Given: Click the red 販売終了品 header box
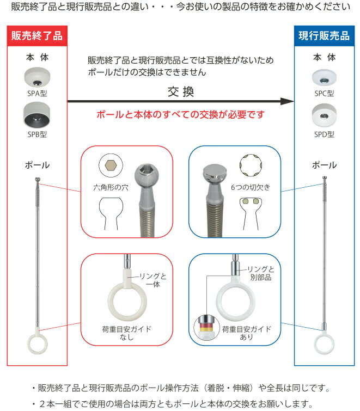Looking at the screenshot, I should (x=37, y=36).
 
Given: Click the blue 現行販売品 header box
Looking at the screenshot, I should (x=324, y=36).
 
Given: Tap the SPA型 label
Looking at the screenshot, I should (x=37, y=93).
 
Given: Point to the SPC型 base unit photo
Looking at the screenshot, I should (x=324, y=77).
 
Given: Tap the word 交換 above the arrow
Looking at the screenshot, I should (x=180, y=91).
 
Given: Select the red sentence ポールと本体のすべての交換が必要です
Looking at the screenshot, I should (x=180, y=115).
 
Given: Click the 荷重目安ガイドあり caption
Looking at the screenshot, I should (x=245, y=334).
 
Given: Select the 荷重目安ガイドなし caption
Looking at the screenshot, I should (x=127, y=334).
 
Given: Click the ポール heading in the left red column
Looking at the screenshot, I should (x=37, y=164).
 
